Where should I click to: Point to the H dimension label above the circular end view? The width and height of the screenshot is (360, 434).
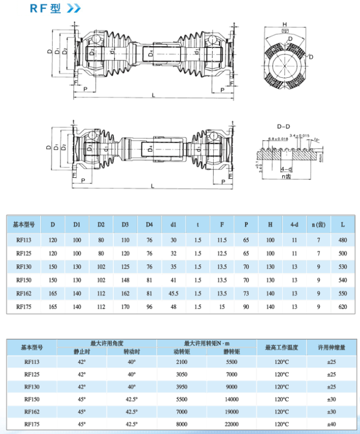(x=284, y=24)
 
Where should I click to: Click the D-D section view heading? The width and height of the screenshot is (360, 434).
(x=283, y=126)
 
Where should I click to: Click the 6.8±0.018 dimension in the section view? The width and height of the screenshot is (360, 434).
(x=278, y=139)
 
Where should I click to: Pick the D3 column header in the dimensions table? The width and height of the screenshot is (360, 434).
(x=125, y=224)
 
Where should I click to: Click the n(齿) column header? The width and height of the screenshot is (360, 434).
(x=318, y=224)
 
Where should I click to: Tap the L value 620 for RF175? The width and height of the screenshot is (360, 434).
(x=342, y=307)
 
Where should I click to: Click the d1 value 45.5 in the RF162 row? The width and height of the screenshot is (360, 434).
(x=173, y=294)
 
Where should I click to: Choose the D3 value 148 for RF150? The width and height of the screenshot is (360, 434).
(x=125, y=280)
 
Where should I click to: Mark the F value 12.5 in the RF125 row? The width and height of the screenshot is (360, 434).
(x=222, y=253)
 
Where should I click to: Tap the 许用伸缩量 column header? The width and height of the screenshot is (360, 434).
(x=332, y=346)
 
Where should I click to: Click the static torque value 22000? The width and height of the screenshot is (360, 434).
(x=232, y=424)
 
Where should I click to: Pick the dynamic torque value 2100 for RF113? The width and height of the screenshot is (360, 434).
(x=182, y=362)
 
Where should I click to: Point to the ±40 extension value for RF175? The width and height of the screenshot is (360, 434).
(x=332, y=424)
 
